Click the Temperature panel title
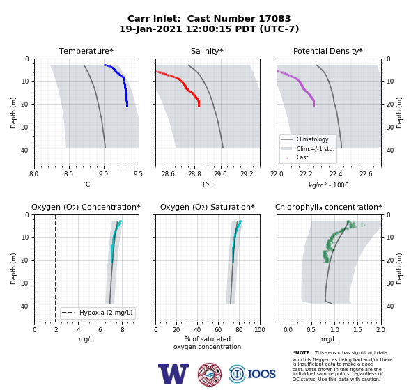tap(86, 51)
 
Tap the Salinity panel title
tap(207, 51)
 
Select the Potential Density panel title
tap(328, 51)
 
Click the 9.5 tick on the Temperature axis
tap(138, 174)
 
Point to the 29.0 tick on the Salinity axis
tap(220, 174)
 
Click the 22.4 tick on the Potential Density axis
tap(336, 174)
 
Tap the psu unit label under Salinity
tap(208, 183)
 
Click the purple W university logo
tap(173, 374)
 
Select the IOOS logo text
tap(261, 374)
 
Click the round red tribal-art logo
tap(210, 374)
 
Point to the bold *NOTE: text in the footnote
tap(302, 352)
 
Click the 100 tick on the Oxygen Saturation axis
tap(260, 330)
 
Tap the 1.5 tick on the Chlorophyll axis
tap(357, 330)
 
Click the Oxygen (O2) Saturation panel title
tap(208, 207)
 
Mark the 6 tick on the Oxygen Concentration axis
tap(100, 330)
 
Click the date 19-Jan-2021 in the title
tap(150, 29)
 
